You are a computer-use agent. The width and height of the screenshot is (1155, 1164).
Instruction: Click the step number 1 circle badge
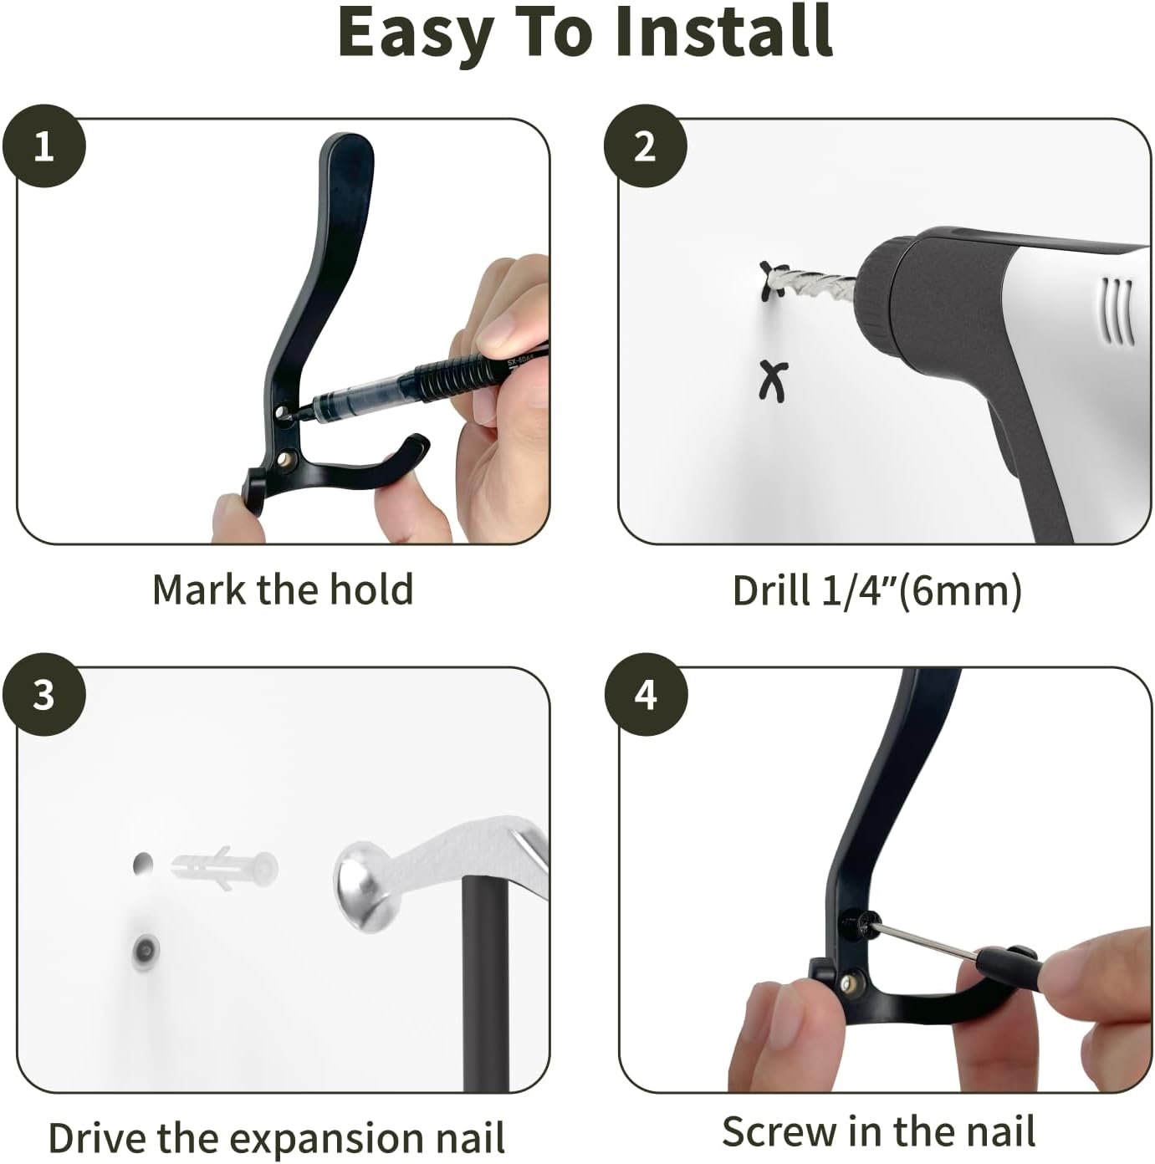click(x=43, y=146)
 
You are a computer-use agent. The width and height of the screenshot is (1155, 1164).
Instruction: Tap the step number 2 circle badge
click(x=645, y=146)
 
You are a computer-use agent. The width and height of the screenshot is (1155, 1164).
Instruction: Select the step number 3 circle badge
click(x=43, y=695)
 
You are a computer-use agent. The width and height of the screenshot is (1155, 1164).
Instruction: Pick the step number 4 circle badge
click(x=645, y=695)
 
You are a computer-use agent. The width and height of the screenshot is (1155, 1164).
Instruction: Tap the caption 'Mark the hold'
click(x=283, y=590)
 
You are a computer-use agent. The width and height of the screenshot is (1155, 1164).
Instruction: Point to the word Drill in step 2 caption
click(x=771, y=590)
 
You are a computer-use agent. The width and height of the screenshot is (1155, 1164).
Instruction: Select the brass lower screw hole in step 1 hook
click(x=287, y=457)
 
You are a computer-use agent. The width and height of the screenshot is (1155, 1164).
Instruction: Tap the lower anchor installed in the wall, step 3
click(x=146, y=949)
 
